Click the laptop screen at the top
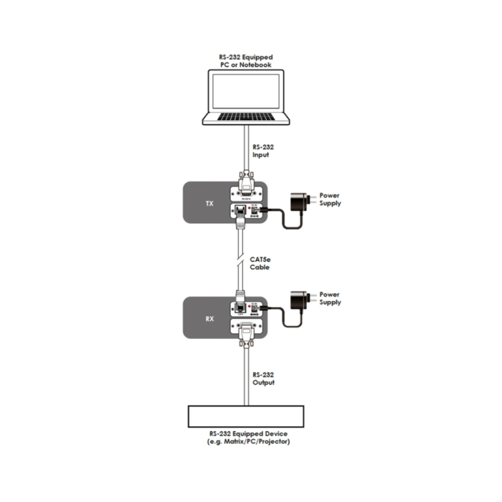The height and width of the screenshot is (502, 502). point(245,93)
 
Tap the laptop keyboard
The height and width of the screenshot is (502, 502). point(245,117)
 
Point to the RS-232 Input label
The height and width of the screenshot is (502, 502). point(264,151)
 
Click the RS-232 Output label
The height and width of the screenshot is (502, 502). point(264,378)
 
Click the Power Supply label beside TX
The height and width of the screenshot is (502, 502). point(330,200)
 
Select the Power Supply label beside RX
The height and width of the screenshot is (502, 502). point(330,298)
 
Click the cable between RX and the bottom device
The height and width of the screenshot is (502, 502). point(245,376)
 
